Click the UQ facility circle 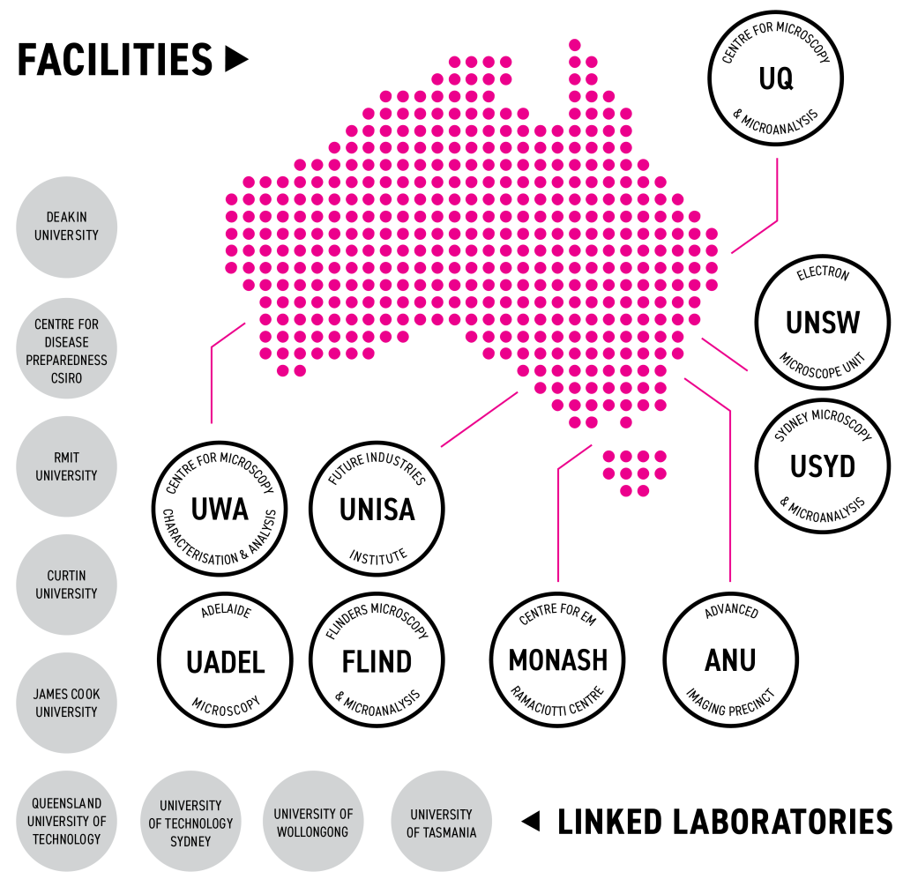coord(776,79)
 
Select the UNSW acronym coord(822,322)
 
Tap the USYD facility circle coord(822,466)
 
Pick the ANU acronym coord(730,659)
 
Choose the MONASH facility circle coord(557,659)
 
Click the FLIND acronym coord(377,661)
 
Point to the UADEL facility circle coord(225,661)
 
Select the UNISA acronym coord(377,510)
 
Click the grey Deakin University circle coord(67,227)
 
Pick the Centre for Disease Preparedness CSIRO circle coord(67,350)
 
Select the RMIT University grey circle coord(67,466)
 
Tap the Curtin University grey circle coord(67,585)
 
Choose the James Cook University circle coord(67,703)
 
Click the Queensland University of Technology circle coord(67,821)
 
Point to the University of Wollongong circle coord(313,822)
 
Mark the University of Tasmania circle coord(441,822)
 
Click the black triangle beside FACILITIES coord(235,59)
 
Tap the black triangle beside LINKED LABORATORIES coord(530,822)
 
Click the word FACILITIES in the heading coord(115,60)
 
